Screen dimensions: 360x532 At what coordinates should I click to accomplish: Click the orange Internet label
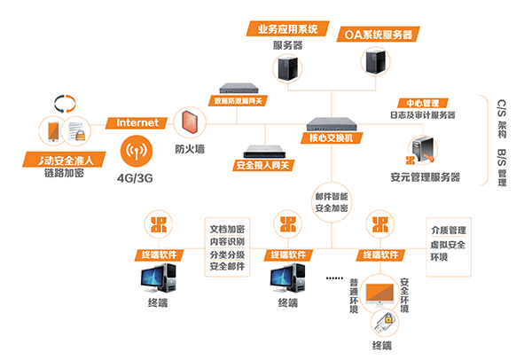pyautogui.click(x=137, y=122)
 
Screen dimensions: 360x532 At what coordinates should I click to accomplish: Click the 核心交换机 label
pyautogui.click(x=331, y=138)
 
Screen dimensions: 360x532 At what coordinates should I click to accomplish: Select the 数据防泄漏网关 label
pyautogui.click(x=239, y=100)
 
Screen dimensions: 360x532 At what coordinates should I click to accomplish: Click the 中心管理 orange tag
pyautogui.click(x=422, y=102)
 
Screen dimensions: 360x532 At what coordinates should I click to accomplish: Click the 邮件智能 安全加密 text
pyautogui.click(x=332, y=201)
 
